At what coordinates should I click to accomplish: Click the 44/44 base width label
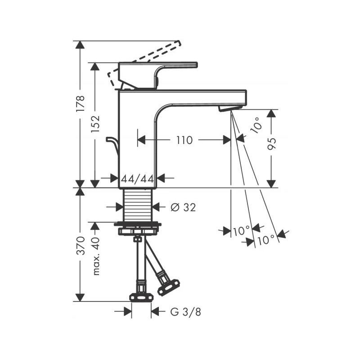pos(138,178)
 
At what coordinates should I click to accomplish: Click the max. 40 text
pos(95,256)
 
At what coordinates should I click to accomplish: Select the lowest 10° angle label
pos(266,240)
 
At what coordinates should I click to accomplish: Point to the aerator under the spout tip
pos(230,108)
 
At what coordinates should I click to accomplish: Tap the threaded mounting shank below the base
pos(138,205)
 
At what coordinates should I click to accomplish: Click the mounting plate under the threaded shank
pos(138,224)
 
